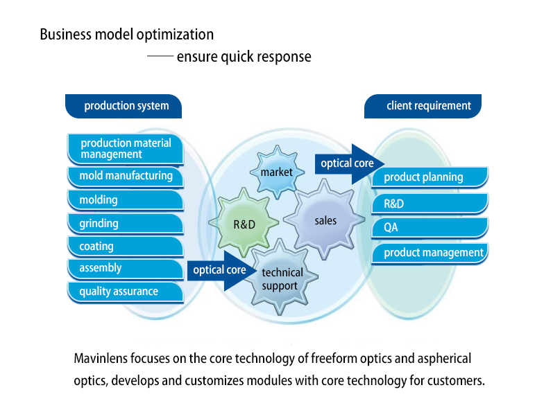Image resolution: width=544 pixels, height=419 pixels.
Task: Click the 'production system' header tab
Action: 125,106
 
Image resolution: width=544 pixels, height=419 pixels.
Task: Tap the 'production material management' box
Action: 126,148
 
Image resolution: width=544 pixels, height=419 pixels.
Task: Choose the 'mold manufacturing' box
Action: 126,177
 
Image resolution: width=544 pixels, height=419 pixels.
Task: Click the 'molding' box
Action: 126,200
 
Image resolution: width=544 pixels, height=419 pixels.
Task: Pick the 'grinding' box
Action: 126,224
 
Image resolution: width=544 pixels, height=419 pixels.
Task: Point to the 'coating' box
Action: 126,247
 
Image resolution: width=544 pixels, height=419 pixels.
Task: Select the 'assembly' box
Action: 126,269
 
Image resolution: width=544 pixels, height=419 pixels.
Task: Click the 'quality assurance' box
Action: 126,292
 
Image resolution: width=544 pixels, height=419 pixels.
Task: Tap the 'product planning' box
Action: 429,177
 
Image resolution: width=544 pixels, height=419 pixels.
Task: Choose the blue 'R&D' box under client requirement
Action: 429,204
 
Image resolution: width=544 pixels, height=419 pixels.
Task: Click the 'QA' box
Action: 429,228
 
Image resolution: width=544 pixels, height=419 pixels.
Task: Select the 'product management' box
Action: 429,253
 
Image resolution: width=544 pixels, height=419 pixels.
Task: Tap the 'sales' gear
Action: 325,220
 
